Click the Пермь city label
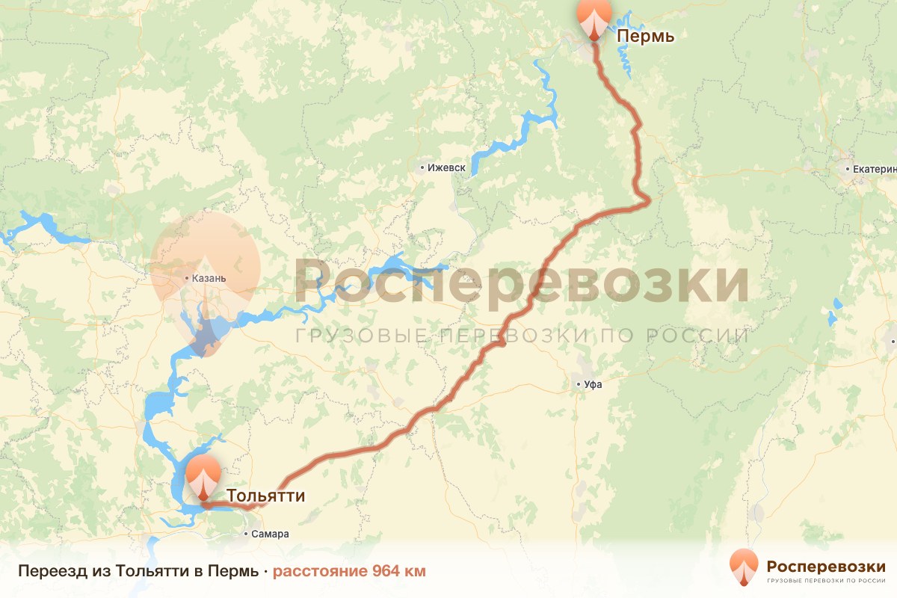(646, 36)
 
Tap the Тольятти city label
(266, 496)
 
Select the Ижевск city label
(447, 168)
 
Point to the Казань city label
(209, 279)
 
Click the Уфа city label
(593, 385)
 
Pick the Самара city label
(270, 534)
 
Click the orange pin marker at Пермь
(594, 16)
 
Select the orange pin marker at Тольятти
(203, 477)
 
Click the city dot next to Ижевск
(422, 168)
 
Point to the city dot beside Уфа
(579, 385)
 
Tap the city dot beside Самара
(247, 534)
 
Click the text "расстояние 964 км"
(349, 572)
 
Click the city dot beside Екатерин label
(848, 169)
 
